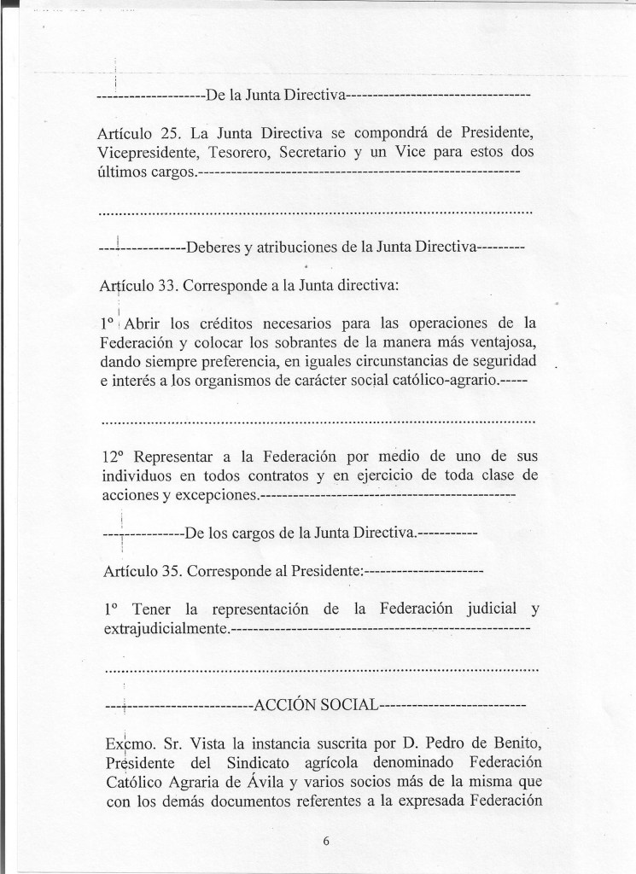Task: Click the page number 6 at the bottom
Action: pos(326,840)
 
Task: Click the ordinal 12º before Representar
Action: pos(112,456)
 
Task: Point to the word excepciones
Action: pos(214,494)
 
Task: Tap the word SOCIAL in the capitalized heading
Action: pos(344,706)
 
